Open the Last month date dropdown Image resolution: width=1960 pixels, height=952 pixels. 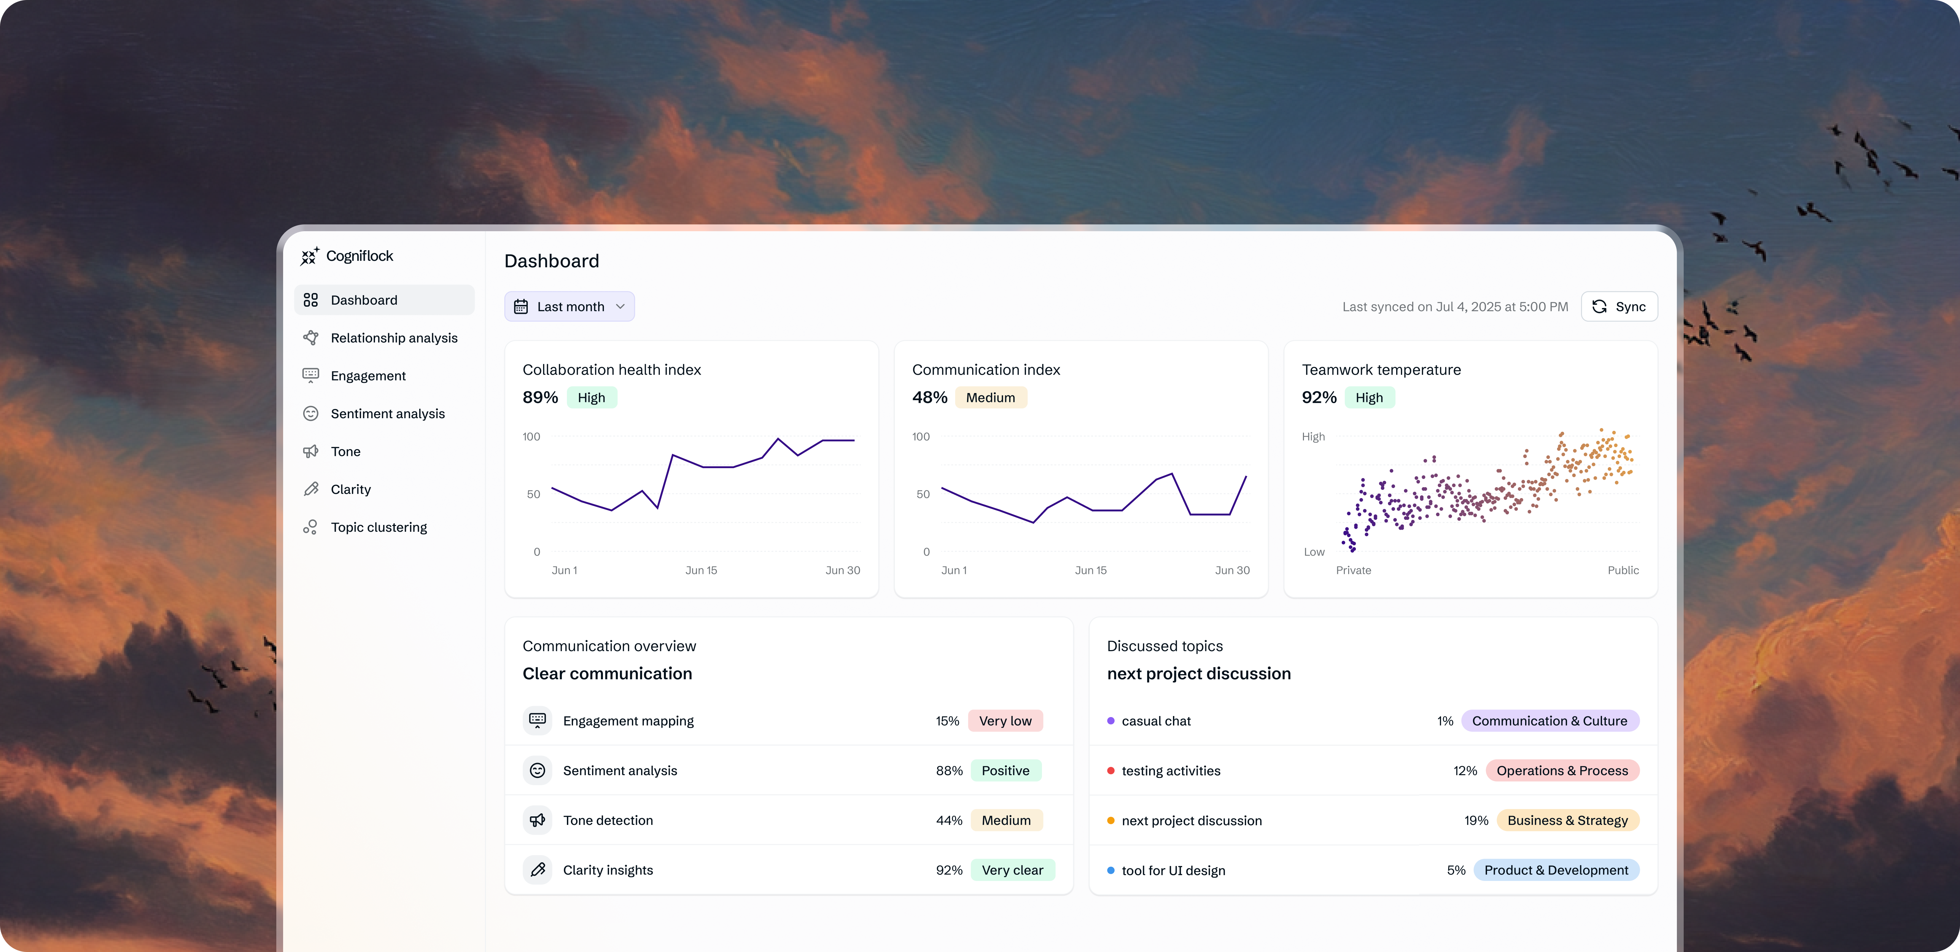pyautogui.click(x=569, y=306)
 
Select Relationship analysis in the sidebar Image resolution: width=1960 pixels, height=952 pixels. pyautogui.click(x=393, y=338)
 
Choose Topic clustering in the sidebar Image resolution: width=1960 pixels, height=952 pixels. pyautogui.click(x=378, y=527)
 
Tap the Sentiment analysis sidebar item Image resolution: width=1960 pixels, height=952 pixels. pyautogui.click(x=387, y=414)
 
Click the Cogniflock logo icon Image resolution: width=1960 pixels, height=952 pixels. pyautogui.click(x=309, y=256)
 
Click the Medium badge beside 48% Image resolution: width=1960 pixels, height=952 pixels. pyautogui.click(x=990, y=398)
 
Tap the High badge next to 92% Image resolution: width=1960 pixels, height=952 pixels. pyautogui.click(x=1369, y=398)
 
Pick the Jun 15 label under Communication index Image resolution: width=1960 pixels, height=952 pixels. pyautogui.click(x=1090, y=570)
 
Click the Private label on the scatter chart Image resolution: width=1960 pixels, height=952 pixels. pyautogui.click(x=1353, y=570)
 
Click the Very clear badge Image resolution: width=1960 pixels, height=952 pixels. pyautogui.click(x=1012, y=870)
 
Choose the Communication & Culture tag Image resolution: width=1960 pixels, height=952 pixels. pyautogui.click(x=1549, y=721)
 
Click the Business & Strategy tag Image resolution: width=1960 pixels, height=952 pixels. pyautogui.click(x=1567, y=820)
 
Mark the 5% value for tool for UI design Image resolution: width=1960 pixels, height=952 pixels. pyautogui.click(x=1456, y=870)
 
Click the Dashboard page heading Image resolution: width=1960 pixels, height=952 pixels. pyautogui.click(x=552, y=261)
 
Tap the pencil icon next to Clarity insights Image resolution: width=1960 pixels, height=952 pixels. pyautogui.click(x=537, y=870)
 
